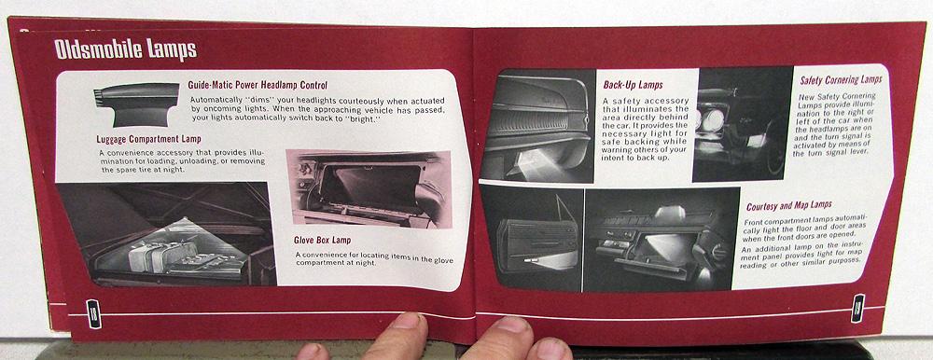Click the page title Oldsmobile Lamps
pos(126,50)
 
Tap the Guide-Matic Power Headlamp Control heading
pos(258,85)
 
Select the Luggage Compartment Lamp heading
pos(148,139)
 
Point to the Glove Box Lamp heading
pos(323,241)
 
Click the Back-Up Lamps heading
pos(634,85)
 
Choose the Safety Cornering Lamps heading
pos(841,79)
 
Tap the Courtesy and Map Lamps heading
pos(789,206)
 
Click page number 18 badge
pos(93,313)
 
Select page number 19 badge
pos(858,308)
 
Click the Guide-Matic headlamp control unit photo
pos(137,104)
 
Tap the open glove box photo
pos(369,188)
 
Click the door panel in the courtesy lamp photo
pos(536,244)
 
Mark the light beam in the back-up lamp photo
pos(537,162)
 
